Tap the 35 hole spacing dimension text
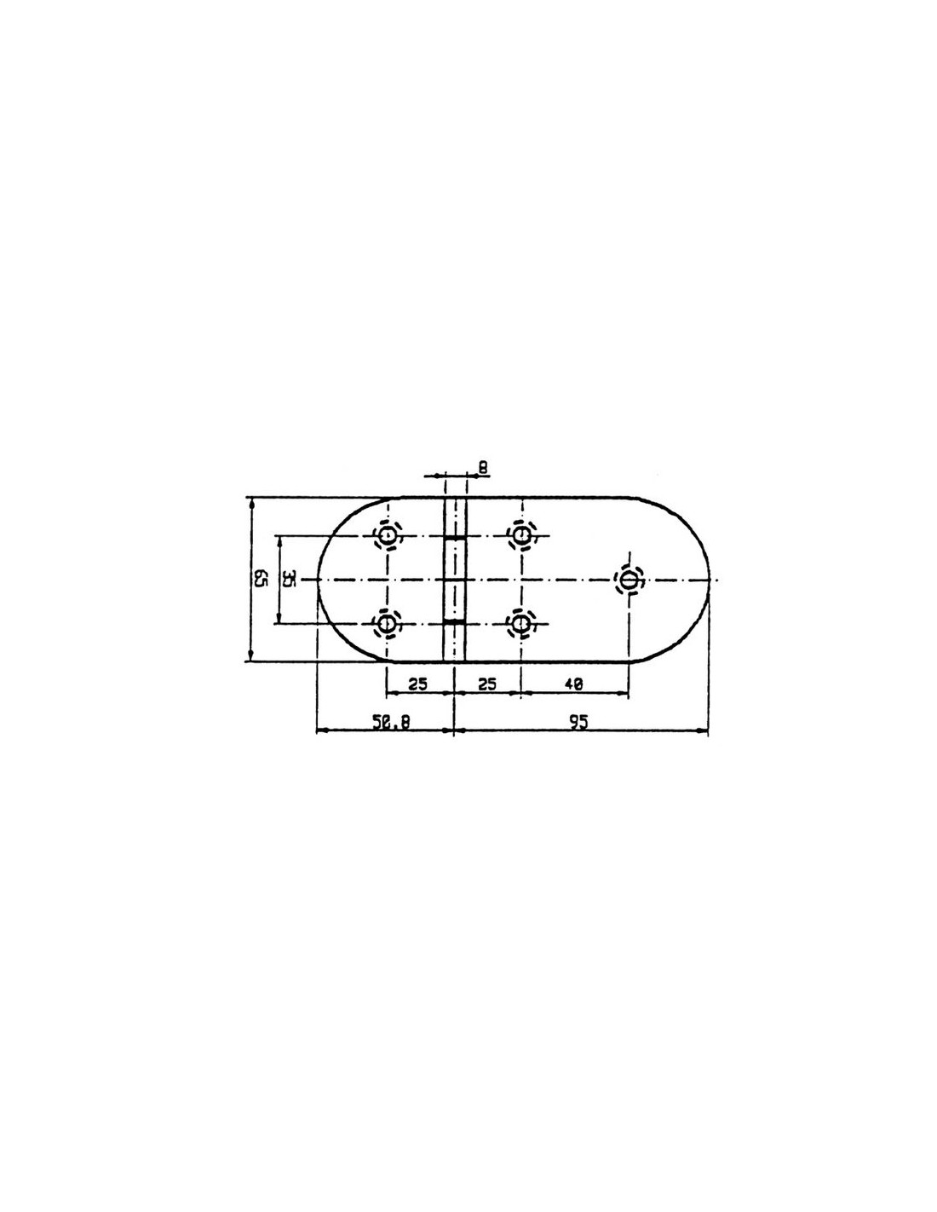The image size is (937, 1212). tap(289, 579)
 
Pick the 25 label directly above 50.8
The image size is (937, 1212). tap(417, 684)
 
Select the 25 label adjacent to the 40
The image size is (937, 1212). tap(486, 684)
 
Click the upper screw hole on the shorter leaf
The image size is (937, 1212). tap(388, 536)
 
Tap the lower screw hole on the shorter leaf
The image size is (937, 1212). tap(388, 624)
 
